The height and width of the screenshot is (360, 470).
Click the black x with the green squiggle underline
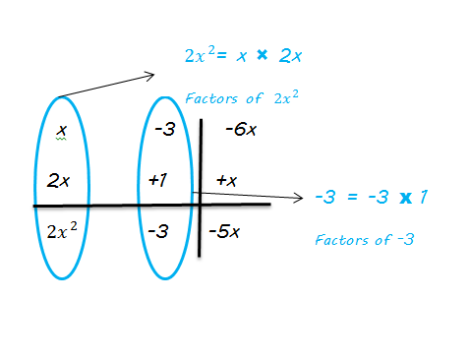(x=61, y=130)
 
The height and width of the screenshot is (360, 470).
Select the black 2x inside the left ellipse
(x=61, y=181)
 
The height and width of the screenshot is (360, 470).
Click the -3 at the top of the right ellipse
(x=164, y=129)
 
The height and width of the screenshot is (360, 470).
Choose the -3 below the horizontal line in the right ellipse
(x=160, y=232)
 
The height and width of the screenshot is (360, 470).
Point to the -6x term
(x=241, y=128)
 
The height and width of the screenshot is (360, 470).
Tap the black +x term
(x=228, y=180)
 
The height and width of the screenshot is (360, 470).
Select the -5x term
(x=226, y=233)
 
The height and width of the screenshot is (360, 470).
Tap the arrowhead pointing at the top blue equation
(x=151, y=74)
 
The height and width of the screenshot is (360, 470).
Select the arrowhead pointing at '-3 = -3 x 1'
(x=300, y=198)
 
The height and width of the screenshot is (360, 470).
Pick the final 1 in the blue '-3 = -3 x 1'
(x=423, y=197)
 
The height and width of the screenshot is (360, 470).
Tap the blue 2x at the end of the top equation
(x=290, y=56)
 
